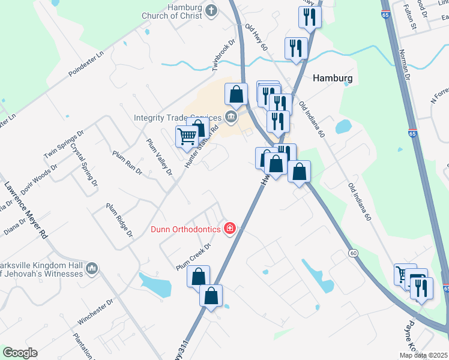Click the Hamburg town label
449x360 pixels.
pos(333,78)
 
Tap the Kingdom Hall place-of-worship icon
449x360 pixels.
pos(92,268)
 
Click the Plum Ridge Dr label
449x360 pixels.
pos(119,220)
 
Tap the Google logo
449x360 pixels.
pos(20,353)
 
